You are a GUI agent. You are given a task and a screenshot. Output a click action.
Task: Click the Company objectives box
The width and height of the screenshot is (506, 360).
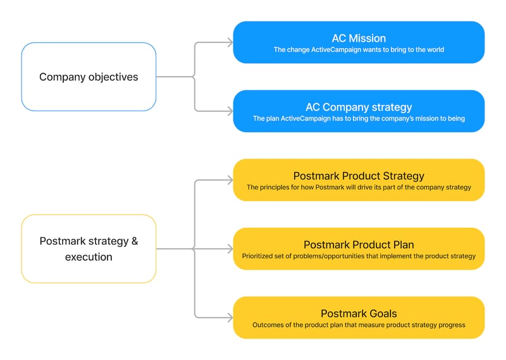(89, 77)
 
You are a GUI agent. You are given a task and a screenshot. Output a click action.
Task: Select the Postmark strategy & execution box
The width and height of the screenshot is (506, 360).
(89, 249)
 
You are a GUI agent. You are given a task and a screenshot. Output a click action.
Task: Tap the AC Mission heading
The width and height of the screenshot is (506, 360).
(359, 38)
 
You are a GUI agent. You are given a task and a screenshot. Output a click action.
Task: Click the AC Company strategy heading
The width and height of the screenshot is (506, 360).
(359, 107)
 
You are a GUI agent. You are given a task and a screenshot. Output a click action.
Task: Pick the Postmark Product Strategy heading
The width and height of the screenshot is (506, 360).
(359, 176)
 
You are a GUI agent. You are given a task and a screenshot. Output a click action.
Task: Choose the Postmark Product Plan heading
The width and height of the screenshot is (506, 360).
(359, 245)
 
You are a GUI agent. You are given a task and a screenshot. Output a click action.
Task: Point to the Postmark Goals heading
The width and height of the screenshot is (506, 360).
(359, 314)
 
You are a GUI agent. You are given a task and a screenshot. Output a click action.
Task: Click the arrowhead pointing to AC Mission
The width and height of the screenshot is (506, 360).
(230, 42)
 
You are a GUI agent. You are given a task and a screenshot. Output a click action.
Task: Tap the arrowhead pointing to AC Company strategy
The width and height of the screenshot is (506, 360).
(230, 111)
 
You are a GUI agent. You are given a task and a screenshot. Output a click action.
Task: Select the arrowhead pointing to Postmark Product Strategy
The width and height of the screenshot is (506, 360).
(230, 180)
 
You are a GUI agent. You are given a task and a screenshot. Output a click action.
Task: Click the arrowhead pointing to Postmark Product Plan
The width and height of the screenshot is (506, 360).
(230, 249)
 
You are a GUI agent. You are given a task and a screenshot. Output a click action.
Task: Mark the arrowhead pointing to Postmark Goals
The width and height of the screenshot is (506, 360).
(230, 318)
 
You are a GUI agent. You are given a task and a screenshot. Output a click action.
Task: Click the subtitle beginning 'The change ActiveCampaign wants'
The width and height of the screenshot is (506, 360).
(359, 50)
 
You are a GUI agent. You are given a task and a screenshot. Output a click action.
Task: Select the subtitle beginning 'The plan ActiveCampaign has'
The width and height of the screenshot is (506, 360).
(359, 119)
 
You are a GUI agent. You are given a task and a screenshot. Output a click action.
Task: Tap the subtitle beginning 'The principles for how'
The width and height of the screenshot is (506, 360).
(359, 187)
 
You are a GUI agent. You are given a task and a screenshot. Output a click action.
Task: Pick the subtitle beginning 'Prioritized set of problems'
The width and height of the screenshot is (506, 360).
(359, 256)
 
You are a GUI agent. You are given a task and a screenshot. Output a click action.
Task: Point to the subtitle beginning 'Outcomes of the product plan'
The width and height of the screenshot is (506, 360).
(359, 325)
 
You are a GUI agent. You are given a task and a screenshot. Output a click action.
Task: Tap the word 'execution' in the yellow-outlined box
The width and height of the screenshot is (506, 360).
(89, 258)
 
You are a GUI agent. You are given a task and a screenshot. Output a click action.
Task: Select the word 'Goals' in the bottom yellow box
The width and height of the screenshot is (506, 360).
(381, 314)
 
